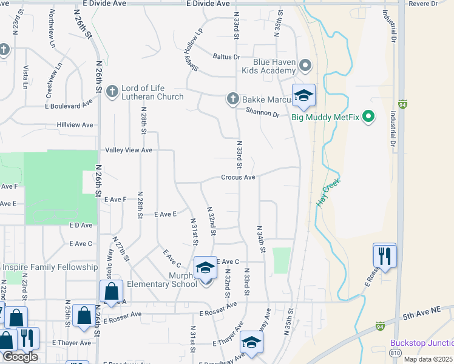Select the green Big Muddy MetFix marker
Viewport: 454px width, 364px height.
[368, 117]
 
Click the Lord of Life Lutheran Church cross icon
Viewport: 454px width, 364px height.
[112, 92]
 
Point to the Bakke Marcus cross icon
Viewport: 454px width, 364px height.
[232, 99]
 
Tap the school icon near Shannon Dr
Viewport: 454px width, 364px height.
[303, 95]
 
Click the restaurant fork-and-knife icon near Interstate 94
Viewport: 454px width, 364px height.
[385, 255]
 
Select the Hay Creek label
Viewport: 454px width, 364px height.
[328, 192]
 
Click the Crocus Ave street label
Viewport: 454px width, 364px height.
[237, 178]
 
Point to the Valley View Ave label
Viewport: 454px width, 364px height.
[129, 150]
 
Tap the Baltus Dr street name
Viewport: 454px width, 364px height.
[226, 57]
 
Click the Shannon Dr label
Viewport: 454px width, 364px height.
[262, 113]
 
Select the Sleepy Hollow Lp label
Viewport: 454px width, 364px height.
[192, 49]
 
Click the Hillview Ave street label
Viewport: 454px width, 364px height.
[75, 125]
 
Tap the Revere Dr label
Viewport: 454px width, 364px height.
[441, 4]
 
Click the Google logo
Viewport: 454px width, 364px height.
[20, 357]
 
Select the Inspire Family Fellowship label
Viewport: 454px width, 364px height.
[50, 267]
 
